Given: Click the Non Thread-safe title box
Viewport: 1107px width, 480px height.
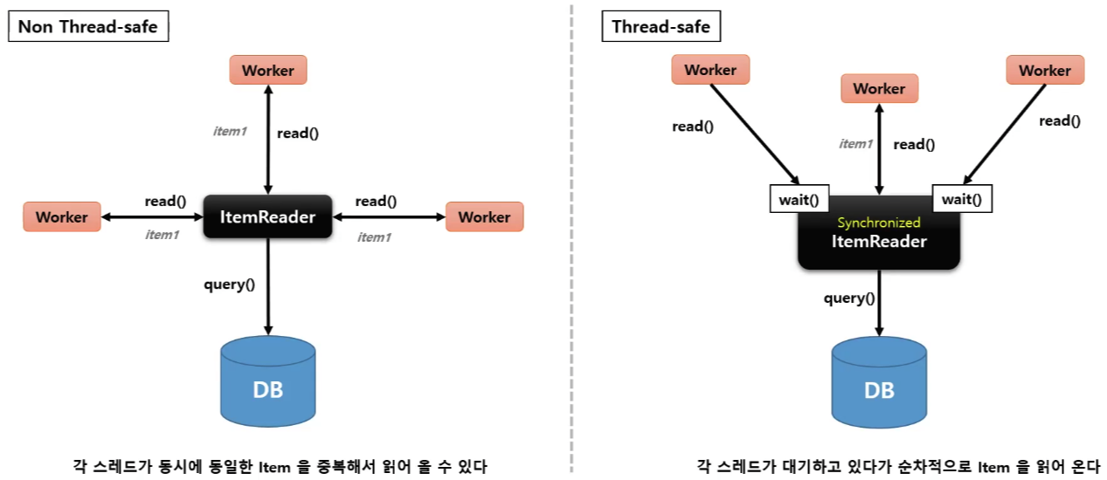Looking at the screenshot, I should tap(88, 27).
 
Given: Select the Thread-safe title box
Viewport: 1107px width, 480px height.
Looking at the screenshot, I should tap(661, 27).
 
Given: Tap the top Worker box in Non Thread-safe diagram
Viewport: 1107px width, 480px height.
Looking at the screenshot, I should tap(268, 71).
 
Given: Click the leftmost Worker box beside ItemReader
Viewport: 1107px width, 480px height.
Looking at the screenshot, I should tap(61, 216).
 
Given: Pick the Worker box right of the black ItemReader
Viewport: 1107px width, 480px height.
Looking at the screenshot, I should tap(484, 216).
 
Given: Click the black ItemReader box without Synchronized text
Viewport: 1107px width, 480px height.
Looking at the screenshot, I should tap(268, 216).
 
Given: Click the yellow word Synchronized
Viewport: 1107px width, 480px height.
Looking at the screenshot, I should tap(879, 223).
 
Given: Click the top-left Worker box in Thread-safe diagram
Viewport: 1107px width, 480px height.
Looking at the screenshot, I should tap(710, 70).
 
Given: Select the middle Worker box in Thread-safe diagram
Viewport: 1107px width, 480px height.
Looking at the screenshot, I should tap(879, 88).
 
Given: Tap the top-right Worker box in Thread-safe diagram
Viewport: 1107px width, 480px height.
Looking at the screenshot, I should tap(1045, 70).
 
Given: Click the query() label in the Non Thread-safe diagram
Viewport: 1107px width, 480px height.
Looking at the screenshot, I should tap(229, 285).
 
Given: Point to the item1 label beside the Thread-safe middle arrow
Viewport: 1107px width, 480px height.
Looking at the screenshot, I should tap(855, 144).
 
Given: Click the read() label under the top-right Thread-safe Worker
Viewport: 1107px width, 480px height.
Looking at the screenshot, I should tap(1059, 121).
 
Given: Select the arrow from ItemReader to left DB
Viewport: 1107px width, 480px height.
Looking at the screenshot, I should tap(268, 288).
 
